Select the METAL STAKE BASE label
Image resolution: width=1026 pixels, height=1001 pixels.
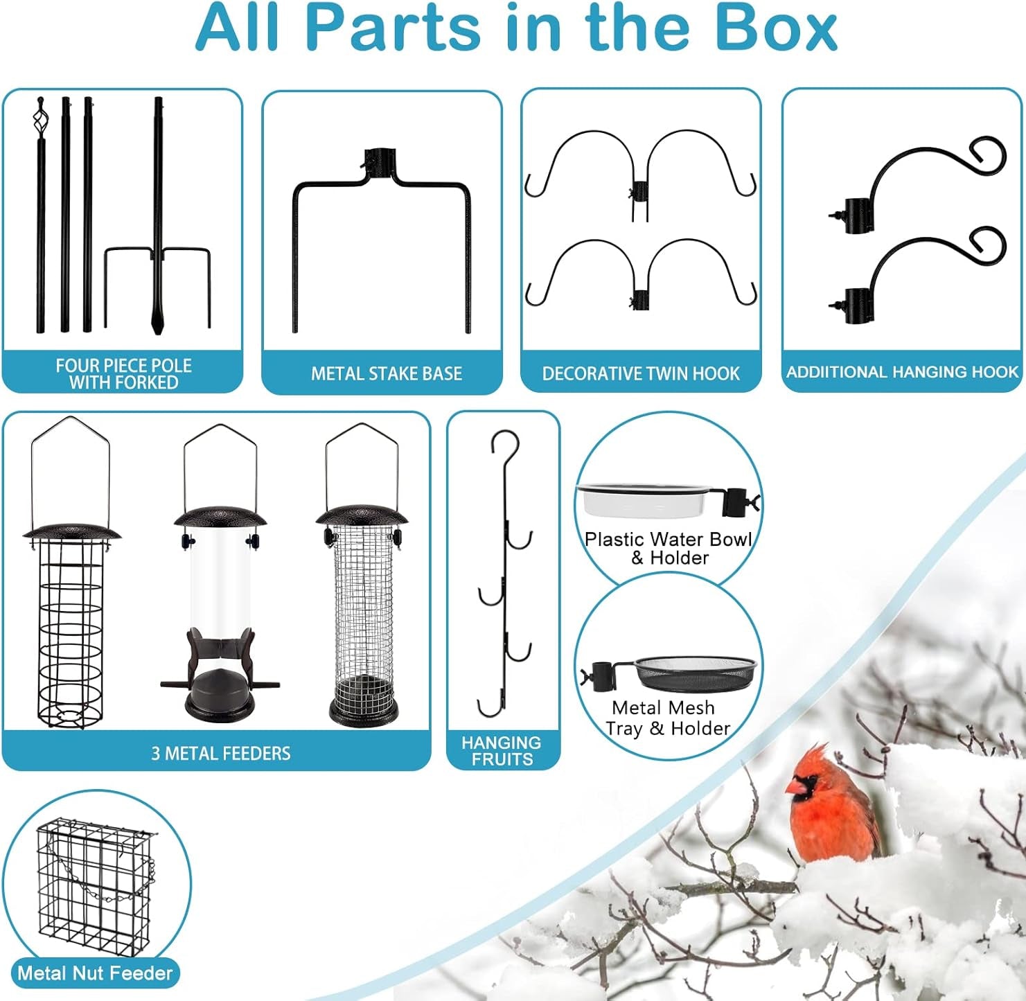coord(387,373)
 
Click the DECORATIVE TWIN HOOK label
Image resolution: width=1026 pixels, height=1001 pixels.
coord(641,373)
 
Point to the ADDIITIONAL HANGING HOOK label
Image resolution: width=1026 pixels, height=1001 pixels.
coord(902,371)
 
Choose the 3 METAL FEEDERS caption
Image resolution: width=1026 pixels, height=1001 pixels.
coord(221,753)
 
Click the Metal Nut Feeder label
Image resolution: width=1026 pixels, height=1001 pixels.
coord(95,973)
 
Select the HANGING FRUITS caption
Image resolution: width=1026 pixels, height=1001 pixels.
coord(502,751)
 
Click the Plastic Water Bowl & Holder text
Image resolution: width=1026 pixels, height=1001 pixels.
coord(668,548)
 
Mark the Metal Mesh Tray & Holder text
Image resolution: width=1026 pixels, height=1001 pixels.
coord(667,718)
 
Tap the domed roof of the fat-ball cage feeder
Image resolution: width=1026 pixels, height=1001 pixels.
coord(72,533)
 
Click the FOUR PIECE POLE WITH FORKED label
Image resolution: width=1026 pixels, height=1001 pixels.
coord(123,373)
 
